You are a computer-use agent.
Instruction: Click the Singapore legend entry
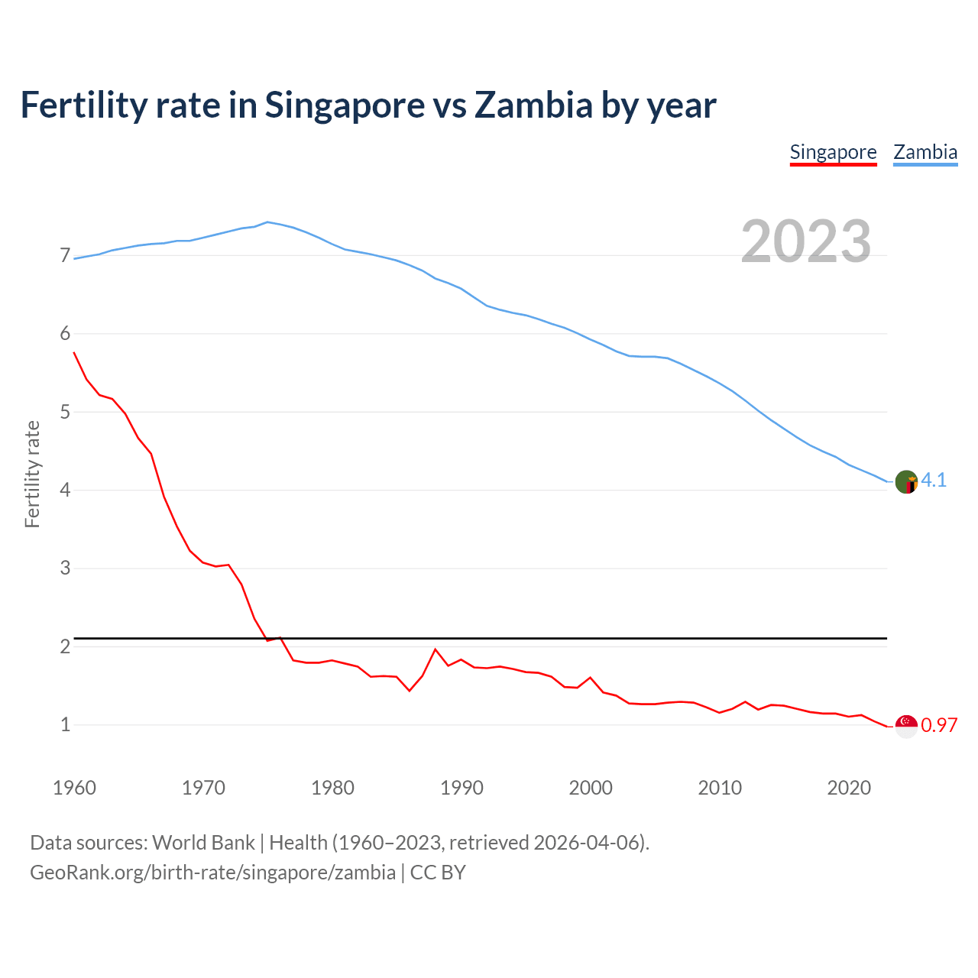pyautogui.click(x=833, y=152)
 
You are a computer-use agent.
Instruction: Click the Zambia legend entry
pyautogui.click(x=925, y=152)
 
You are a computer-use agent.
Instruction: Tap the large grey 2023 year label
pyautogui.click(x=806, y=241)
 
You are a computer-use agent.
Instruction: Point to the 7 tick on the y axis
pyautogui.click(x=65, y=255)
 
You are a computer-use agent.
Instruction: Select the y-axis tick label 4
pyautogui.click(x=65, y=490)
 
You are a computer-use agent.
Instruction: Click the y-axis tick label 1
pyautogui.click(x=65, y=724)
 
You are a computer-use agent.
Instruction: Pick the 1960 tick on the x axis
pyautogui.click(x=74, y=788)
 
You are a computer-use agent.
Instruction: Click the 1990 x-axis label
pyautogui.click(x=461, y=788)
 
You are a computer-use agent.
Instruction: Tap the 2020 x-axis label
pyautogui.click(x=849, y=788)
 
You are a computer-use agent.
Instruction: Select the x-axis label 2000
pyautogui.click(x=591, y=788)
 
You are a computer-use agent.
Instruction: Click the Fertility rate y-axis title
pyautogui.click(x=32, y=474)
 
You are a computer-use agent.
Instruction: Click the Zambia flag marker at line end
pyautogui.click(x=906, y=482)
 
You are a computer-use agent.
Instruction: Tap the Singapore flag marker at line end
pyautogui.click(x=906, y=727)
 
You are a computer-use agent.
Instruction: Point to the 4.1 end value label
pyautogui.click(x=934, y=480)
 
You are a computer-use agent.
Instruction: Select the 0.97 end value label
pyautogui.click(x=939, y=725)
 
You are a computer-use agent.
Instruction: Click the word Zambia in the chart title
pyautogui.click(x=533, y=105)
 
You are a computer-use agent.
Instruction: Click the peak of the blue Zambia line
pyautogui.click(x=267, y=222)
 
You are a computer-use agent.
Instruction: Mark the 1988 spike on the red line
pyautogui.click(x=436, y=649)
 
